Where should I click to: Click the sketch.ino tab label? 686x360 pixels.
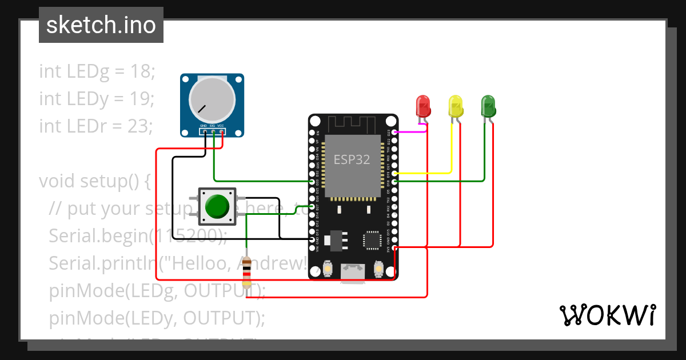pyautogui.click(x=101, y=25)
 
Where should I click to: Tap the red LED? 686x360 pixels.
pyautogui.click(x=422, y=106)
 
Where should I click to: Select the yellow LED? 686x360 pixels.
pyautogui.click(x=456, y=106)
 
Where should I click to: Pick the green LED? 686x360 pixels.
pyautogui.click(x=488, y=106)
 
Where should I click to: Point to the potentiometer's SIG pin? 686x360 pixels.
pyautogui.click(x=212, y=132)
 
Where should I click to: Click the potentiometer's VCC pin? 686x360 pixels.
pyautogui.click(x=221, y=132)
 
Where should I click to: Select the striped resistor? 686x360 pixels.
pyautogui.click(x=247, y=271)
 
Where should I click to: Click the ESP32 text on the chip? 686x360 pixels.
pyautogui.click(x=352, y=160)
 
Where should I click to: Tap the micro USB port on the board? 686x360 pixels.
pyautogui.click(x=353, y=273)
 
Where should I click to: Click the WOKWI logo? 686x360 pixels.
pyautogui.click(x=607, y=315)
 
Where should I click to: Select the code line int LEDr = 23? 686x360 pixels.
pyautogui.click(x=96, y=126)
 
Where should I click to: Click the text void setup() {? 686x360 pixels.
pyautogui.click(x=94, y=181)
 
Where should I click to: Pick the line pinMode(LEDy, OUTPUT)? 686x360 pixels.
pyautogui.click(x=157, y=318)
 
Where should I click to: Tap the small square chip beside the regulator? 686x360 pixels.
pyautogui.click(x=373, y=239)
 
